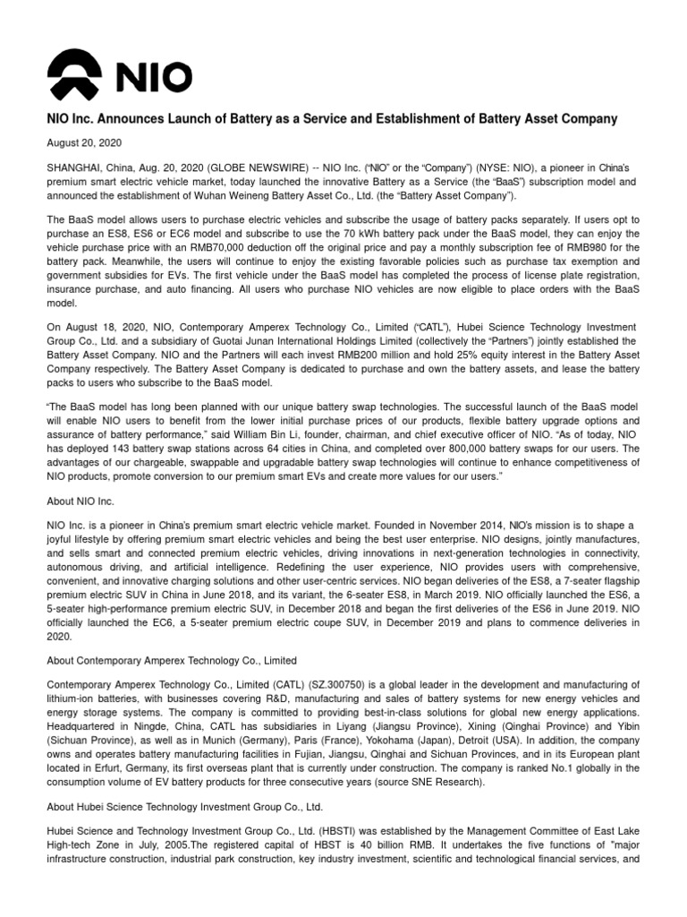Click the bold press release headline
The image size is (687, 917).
click(x=332, y=119)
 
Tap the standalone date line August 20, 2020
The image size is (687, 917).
click(x=84, y=142)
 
